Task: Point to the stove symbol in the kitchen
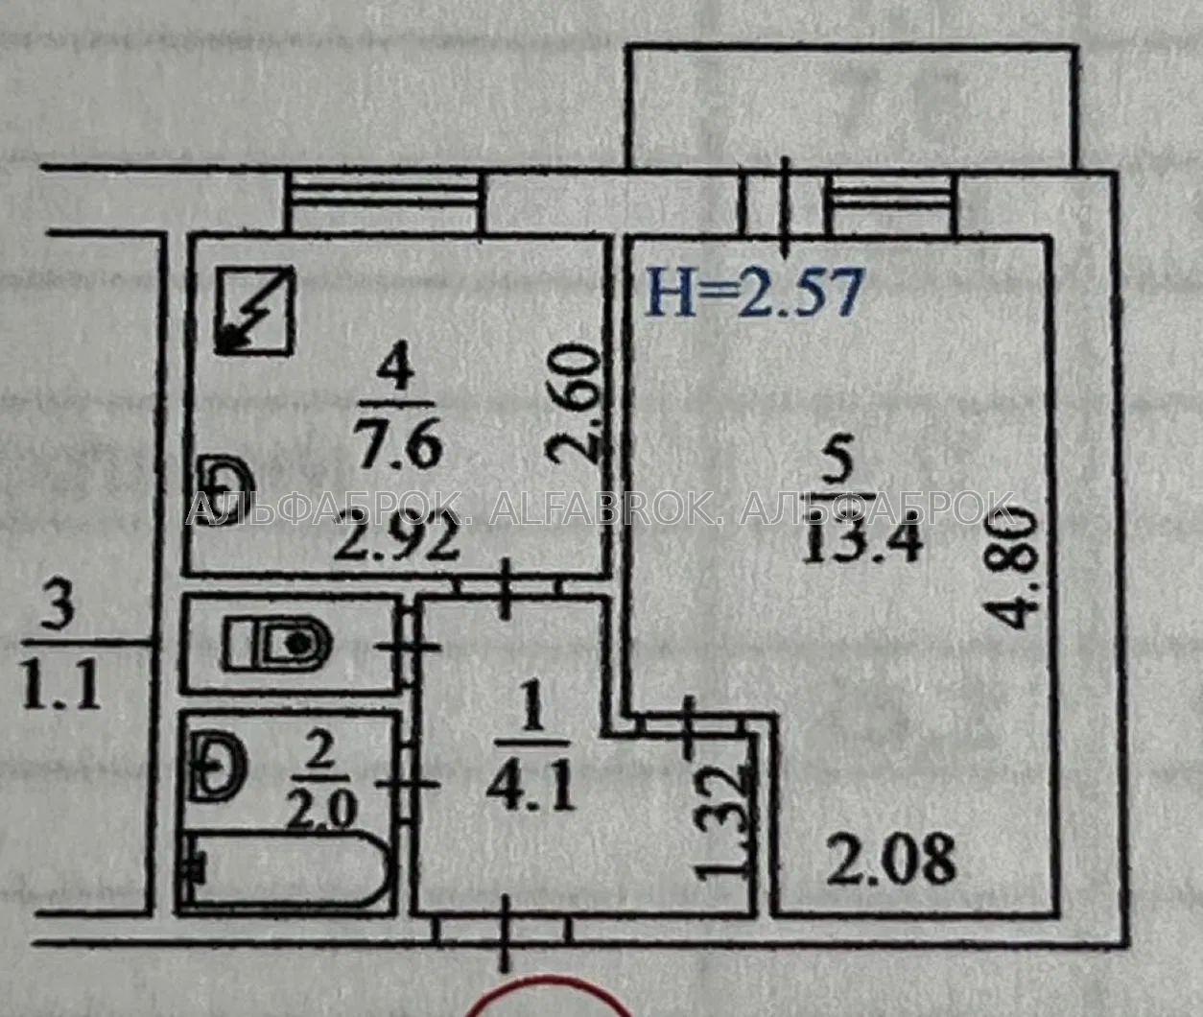(x=254, y=310)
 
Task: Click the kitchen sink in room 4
(x=224, y=490)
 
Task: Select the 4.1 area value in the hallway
(x=531, y=789)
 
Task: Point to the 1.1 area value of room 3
(x=60, y=688)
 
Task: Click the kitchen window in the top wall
(x=384, y=192)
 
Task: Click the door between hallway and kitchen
(x=506, y=588)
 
